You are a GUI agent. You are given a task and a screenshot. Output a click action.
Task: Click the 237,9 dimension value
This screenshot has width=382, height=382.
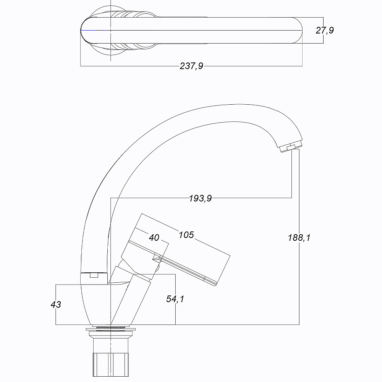(191, 66)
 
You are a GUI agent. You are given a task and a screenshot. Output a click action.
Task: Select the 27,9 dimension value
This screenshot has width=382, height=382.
(325, 30)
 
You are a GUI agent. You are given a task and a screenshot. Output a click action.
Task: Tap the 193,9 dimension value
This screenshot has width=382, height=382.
(201, 198)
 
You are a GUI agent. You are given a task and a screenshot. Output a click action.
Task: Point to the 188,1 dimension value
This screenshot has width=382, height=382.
(299, 237)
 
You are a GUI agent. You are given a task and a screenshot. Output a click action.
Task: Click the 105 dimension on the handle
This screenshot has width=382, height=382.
(186, 235)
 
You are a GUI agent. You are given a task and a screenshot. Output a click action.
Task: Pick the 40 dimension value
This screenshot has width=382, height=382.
(154, 237)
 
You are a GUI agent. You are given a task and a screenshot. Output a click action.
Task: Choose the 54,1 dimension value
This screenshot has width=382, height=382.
(175, 299)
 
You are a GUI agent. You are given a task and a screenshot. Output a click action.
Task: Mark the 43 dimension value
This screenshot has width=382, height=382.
(56, 304)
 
